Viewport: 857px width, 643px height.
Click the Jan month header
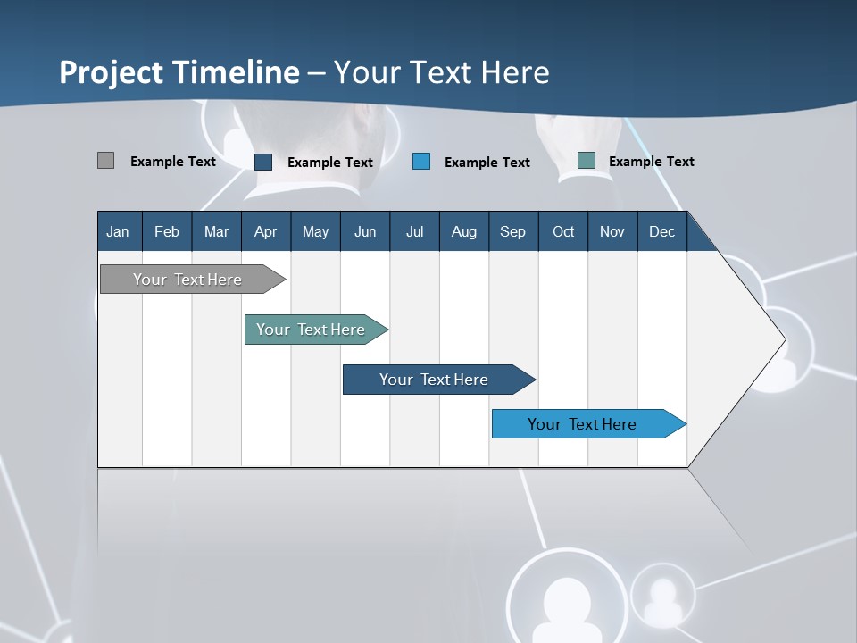(x=118, y=231)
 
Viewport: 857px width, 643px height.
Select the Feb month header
(x=167, y=231)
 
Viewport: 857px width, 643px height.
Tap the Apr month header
(x=266, y=231)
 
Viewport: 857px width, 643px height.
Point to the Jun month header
(x=365, y=231)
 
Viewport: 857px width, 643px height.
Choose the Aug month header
(x=464, y=231)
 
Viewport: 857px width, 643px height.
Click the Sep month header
(x=512, y=231)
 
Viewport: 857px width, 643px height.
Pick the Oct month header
(x=563, y=231)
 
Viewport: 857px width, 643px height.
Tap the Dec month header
(x=662, y=231)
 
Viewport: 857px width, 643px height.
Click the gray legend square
(x=105, y=161)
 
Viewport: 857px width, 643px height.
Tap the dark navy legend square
(x=263, y=162)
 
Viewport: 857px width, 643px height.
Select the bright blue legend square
(x=421, y=162)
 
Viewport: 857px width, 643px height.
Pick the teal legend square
(x=586, y=161)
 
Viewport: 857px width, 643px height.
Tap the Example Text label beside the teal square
(x=651, y=162)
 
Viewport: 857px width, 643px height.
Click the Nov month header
(x=612, y=231)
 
